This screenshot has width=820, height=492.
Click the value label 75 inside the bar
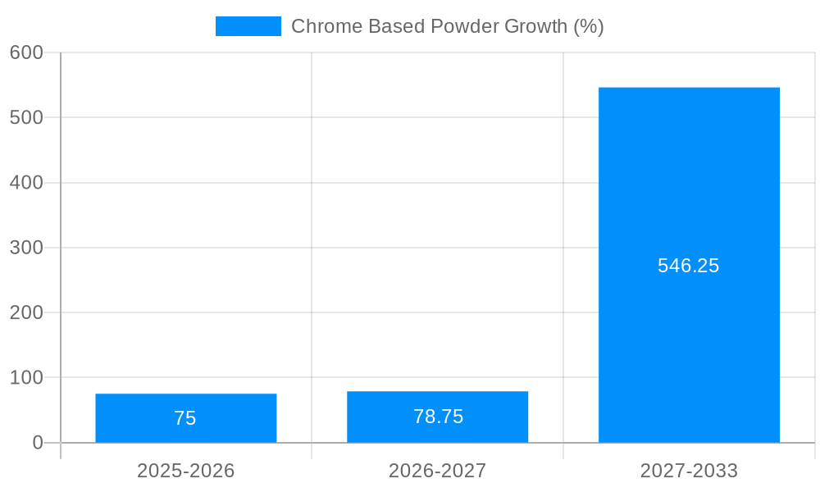(x=185, y=418)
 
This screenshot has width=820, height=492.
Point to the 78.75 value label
(x=438, y=417)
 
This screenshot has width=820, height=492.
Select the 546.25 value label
(x=688, y=266)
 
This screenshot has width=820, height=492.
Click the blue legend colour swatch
(x=248, y=26)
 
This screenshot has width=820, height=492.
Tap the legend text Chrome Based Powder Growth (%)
(x=447, y=26)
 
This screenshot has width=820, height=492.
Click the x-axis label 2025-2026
(x=185, y=471)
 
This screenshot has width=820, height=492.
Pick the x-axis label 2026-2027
(x=437, y=471)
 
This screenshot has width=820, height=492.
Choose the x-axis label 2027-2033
(x=689, y=471)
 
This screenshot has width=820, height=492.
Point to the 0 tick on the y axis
(x=38, y=443)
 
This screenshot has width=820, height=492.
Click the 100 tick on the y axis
(x=26, y=378)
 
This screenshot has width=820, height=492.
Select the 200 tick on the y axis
(x=26, y=312)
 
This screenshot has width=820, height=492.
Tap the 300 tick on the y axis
(x=26, y=248)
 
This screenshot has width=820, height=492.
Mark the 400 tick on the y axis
(x=26, y=183)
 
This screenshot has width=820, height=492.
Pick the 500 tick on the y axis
(x=26, y=117)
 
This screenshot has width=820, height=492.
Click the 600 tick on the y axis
(x=26, y=52)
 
